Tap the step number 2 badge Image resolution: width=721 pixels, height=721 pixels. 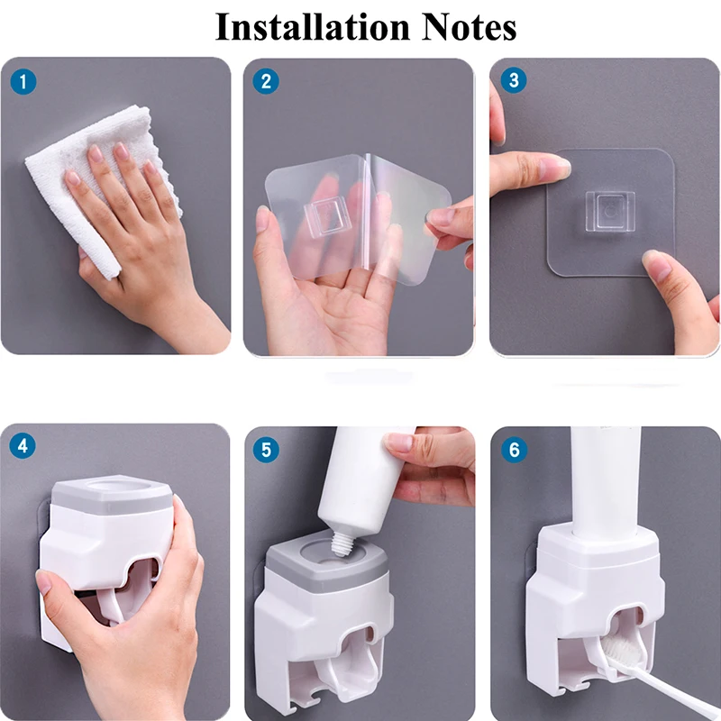click(x=265, y=81)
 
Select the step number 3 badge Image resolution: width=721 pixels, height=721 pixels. click(x=514, y=81)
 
